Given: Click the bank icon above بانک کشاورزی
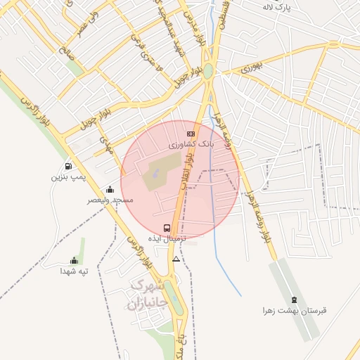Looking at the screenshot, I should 191,134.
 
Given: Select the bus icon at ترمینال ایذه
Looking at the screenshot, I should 167,228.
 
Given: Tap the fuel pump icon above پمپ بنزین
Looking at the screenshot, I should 68,167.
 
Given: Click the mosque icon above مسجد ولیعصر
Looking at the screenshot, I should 110,189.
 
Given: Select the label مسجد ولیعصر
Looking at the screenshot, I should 110,200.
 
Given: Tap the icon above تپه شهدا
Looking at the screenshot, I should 75,261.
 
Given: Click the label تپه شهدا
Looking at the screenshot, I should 73,271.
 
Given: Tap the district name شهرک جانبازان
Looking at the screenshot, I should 146,295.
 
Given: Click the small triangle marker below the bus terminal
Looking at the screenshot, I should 176,259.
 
